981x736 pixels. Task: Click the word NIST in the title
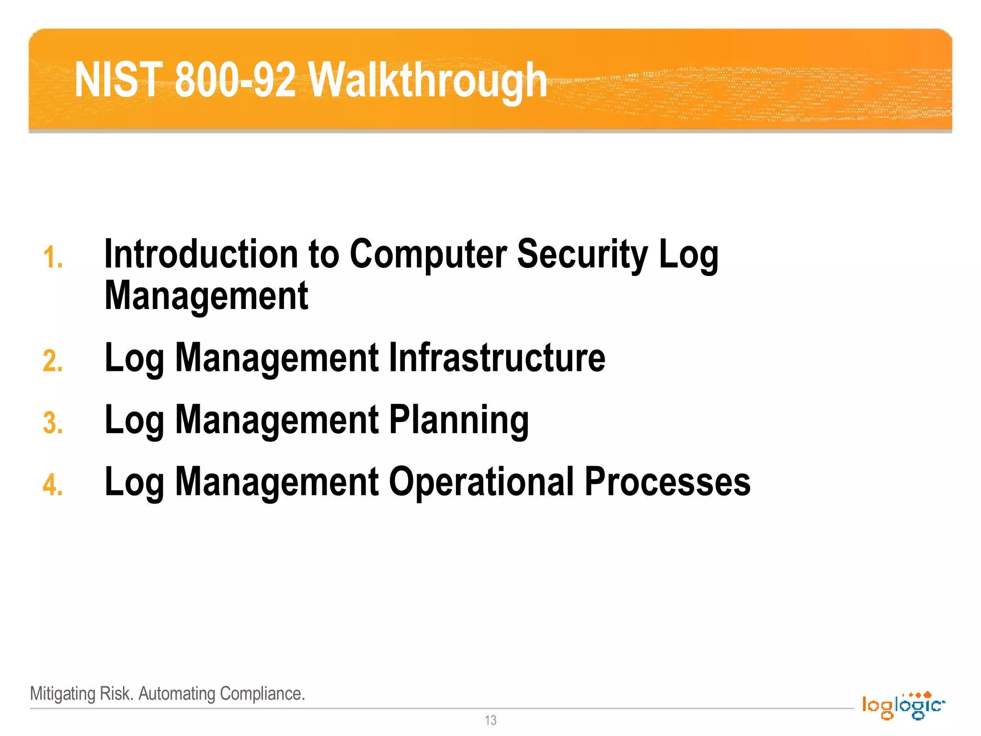pos(118,80)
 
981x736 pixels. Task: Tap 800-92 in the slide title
pos(235,80)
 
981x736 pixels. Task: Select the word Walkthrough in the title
pos(427,80)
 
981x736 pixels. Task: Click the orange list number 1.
pos(53,257)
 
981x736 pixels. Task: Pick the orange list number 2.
pos(53,361)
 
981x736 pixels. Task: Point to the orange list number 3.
pos(53,423)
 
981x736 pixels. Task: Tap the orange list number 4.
pos(53,484)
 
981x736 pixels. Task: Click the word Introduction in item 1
pos(201,254)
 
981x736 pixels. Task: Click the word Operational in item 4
pos(481,482)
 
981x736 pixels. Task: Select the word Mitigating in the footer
pos(63,693)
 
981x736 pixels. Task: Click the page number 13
pos(490,720)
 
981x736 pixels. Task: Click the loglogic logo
pos(903,705)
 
